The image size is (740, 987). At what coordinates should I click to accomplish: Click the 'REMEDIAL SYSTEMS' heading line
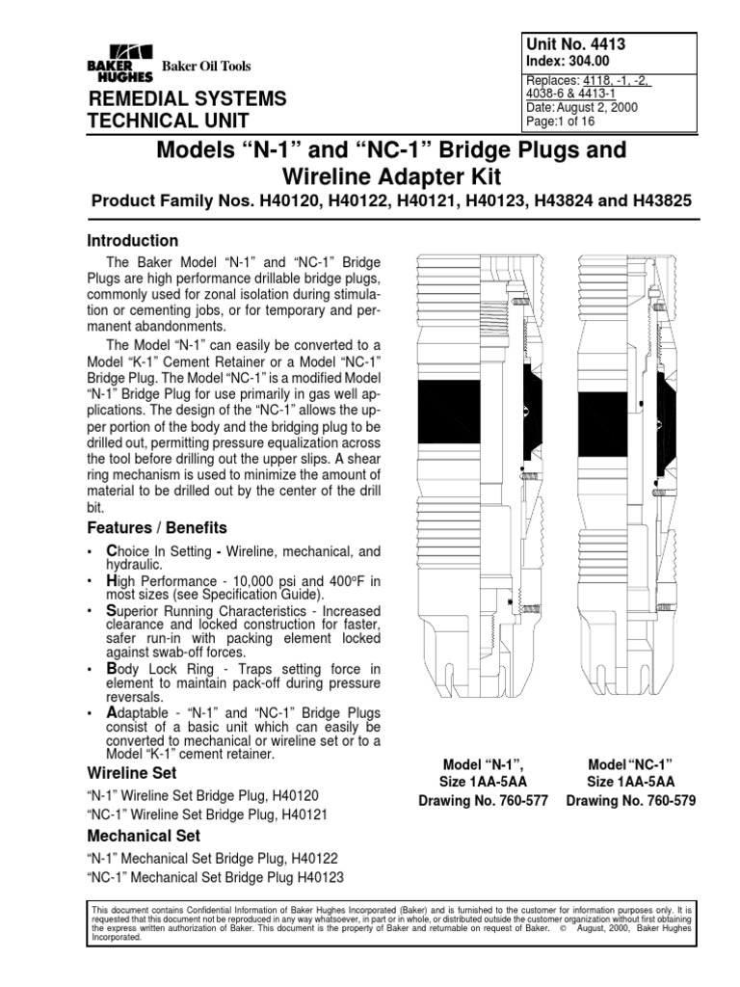pos(187,98)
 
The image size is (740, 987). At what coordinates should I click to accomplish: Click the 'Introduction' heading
pos(133,241)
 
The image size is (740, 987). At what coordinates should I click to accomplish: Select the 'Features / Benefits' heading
pos(157,527)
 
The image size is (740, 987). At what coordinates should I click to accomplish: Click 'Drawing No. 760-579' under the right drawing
pos(630,801)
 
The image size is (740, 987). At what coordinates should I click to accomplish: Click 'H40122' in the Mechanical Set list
pos(313,857)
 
